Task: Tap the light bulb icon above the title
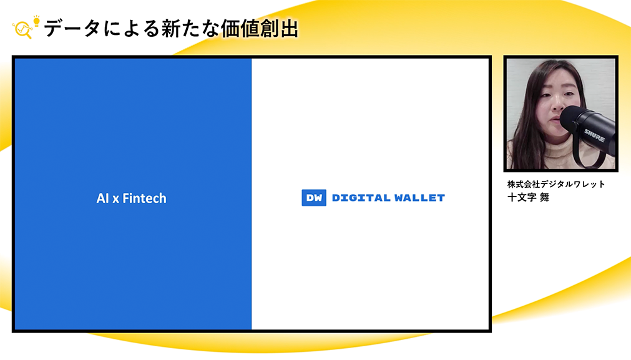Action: coord(37,21)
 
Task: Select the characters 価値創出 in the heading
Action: coord(259,29)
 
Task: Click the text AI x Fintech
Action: coord(131,198)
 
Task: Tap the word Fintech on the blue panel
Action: coord(144,198)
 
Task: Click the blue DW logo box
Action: coord(314,198)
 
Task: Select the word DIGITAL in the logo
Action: coord(361,198)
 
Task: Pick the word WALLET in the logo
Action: coord(419,198)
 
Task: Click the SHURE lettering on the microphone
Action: coord(594,135)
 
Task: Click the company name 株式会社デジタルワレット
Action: coord(555,184)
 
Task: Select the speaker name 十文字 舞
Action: coord(528,197)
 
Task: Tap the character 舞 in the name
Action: coord(544,197)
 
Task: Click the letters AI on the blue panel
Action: coord(102,198)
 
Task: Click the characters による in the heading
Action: coord(131,29)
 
